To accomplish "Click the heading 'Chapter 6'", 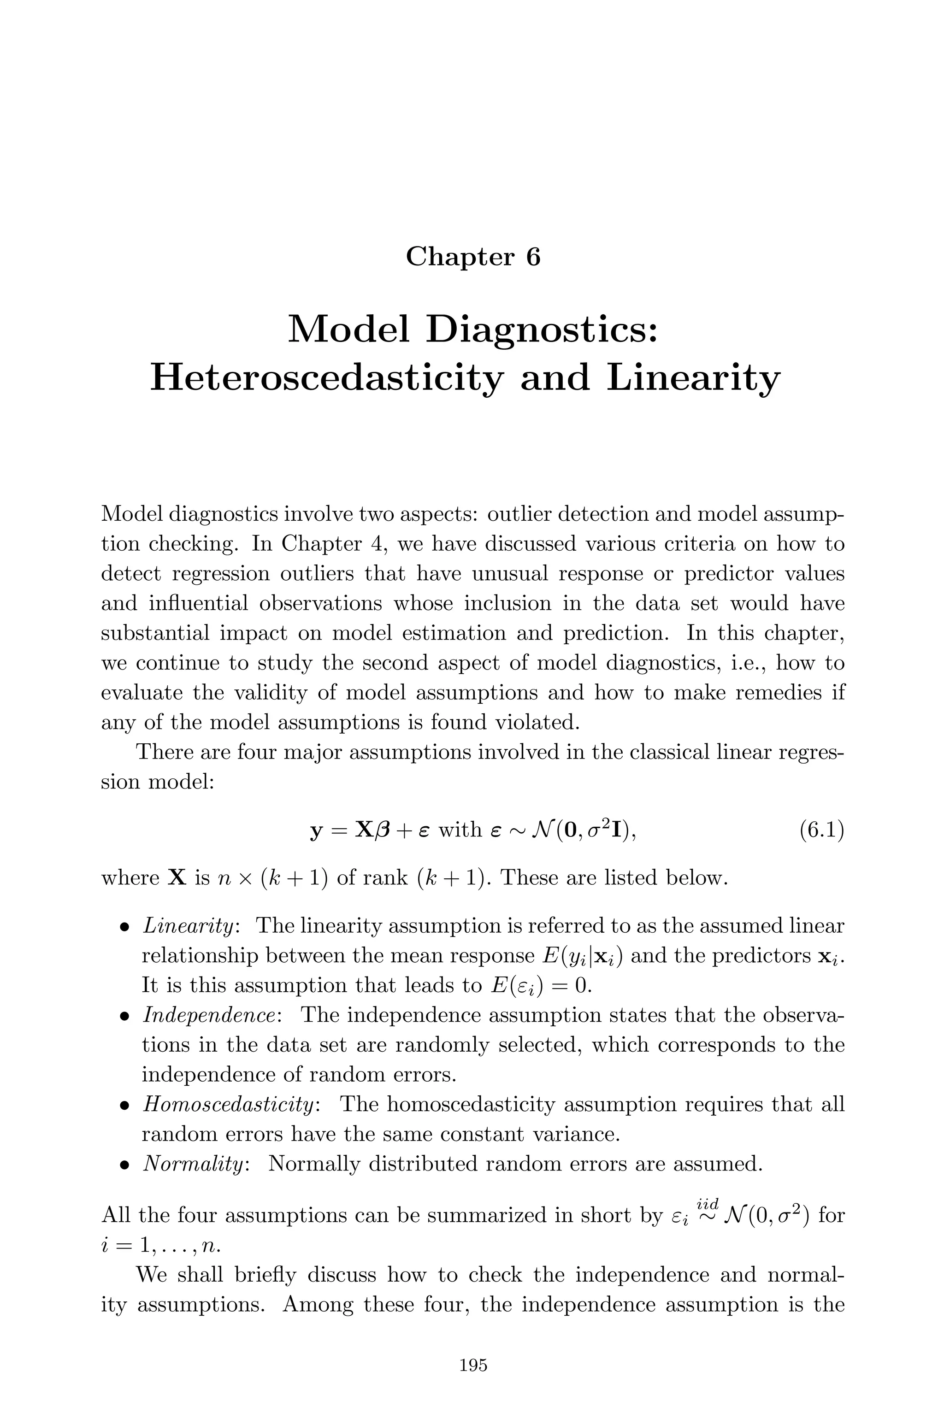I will (472, 257).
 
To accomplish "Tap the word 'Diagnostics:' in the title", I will (541, 330).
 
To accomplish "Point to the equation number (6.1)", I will (821, 830).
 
